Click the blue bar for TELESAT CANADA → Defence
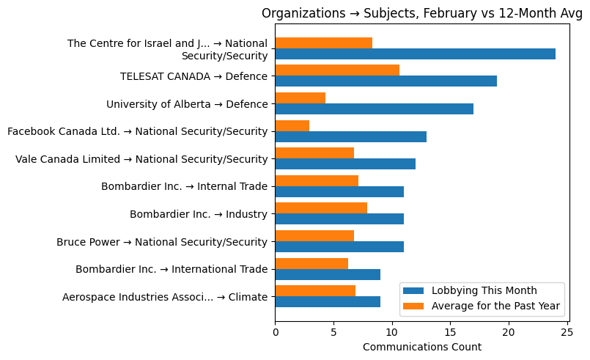386,81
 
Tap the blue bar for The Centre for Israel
415,54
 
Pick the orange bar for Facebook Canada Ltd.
292,125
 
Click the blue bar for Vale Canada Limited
345,164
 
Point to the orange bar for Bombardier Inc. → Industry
321,208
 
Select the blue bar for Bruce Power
339,246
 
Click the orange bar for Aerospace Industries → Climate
315,291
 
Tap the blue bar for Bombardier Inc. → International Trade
328,274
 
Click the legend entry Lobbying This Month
484,290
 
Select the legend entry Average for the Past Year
495,306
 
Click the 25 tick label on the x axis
567,332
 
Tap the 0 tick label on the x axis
276,332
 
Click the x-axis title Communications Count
421,347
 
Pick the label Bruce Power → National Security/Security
161,242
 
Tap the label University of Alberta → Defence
187,104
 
